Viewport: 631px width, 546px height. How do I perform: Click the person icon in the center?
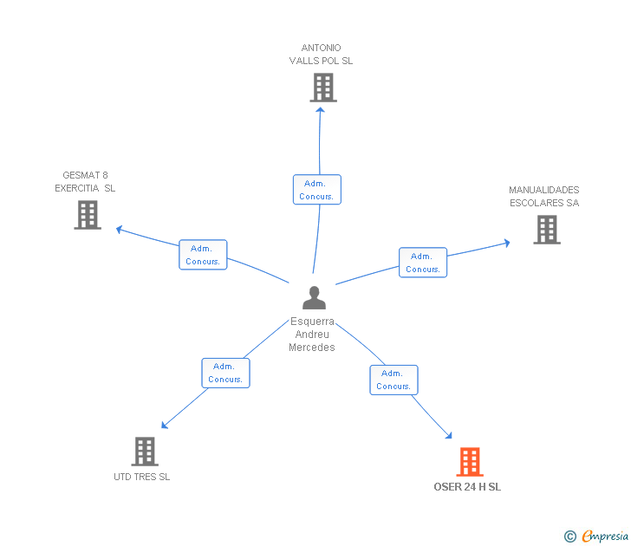click(314, 298)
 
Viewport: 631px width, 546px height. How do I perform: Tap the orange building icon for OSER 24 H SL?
click(470, 462)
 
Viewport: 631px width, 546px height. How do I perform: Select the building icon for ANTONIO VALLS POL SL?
click(322, 88)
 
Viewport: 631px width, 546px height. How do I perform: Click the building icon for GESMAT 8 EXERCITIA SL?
click(88, 215)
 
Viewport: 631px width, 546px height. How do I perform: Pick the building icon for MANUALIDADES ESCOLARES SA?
click(546, 230)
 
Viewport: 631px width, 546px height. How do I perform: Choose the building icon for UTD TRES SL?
click(145, 452)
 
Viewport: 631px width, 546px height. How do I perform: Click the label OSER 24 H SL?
click(467, 487)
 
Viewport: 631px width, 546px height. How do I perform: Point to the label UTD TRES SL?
click(142, 477)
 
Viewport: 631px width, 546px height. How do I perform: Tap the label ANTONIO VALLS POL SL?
click(321, 55)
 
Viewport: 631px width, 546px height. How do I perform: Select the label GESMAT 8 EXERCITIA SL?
click(85, 181)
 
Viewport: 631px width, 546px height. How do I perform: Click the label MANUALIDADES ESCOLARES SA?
click(543, 197)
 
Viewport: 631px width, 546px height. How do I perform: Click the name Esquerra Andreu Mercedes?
click(312, 335)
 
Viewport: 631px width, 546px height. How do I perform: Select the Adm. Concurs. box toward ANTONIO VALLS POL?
click(316, 190)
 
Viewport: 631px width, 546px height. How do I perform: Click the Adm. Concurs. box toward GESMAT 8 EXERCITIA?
click(203, 255)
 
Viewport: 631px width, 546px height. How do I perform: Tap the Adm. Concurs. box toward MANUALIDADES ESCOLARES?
click(423, 263)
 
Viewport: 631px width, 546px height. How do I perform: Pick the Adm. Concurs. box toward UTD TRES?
click(225, 373)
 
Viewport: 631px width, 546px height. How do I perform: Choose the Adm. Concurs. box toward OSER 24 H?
click(394, 380)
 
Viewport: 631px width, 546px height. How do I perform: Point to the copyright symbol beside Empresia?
click(570, 537)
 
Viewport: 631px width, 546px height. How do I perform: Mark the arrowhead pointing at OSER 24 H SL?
click(448, 436)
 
